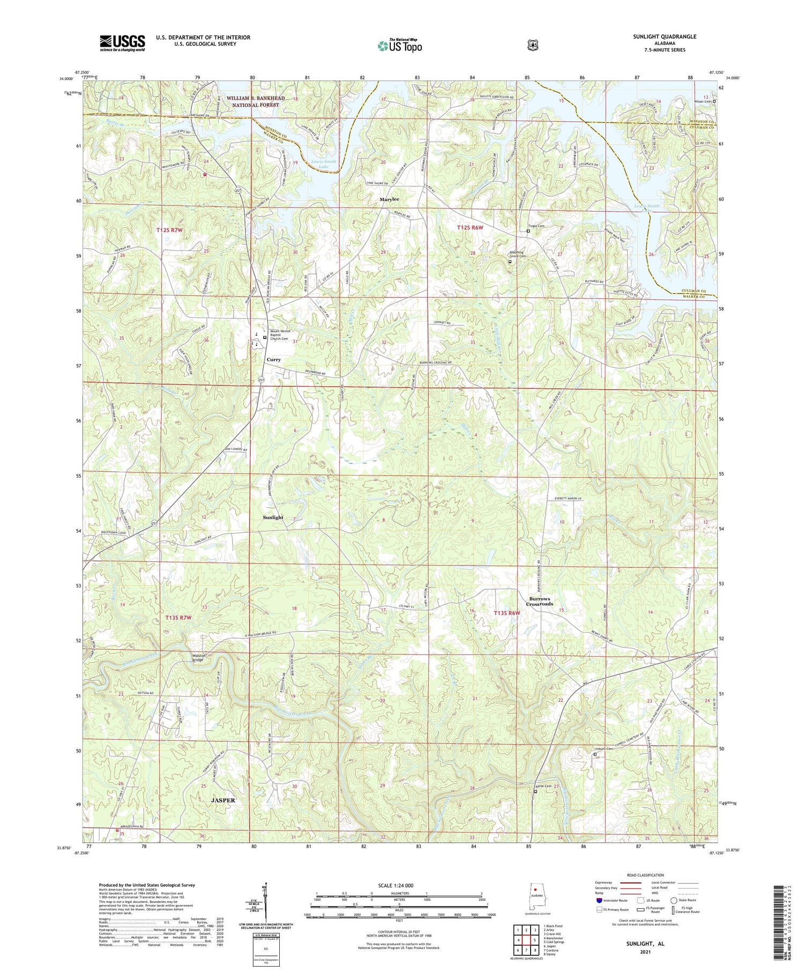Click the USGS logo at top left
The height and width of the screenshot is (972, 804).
point(122,43)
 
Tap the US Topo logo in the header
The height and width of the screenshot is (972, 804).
point(400,46)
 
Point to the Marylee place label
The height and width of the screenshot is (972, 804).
point(390,199)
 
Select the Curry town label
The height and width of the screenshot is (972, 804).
point(274,360)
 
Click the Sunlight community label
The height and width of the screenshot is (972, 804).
point(273,517)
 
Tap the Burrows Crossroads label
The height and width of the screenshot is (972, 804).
point(539,601)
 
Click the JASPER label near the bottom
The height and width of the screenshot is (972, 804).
point(223,800)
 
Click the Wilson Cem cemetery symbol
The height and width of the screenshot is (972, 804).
point(714,101)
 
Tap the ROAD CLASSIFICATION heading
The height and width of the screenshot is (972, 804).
point(648,875)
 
